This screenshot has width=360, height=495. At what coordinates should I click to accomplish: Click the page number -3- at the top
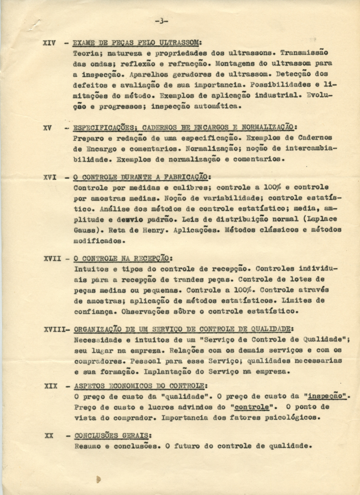[162, 21]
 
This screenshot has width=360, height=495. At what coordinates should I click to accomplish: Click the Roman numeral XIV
[49, 42]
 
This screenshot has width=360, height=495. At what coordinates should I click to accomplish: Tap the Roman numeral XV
[47, 128]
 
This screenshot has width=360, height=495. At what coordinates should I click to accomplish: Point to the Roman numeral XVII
[52, 259]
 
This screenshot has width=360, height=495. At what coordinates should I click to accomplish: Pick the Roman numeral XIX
[51, 387]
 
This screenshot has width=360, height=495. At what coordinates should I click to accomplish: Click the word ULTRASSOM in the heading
[179, 42]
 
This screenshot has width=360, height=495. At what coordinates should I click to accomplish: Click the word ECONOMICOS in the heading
[134, 387]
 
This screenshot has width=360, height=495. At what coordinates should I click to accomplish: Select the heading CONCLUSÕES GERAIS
[112, 436]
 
